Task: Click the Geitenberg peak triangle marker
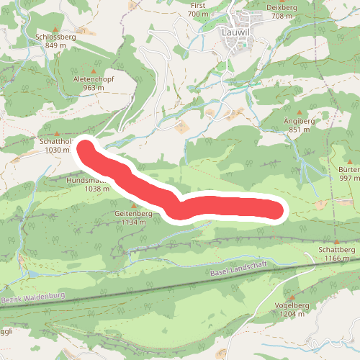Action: pyautogui.click(x=133, y=205)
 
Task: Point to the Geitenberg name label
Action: pyautogui.click(x=133, y=214)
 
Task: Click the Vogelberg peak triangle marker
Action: pyautogui.click(x=292, y=296)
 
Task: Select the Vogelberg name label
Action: pyautogui.click(x=292, y=305)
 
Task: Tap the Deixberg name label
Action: pyautogui.click(x=282, y=6)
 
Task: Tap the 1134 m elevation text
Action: pyautogui.click(x=133, y=222)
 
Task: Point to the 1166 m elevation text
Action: pyautogui.click(x=337, y=258)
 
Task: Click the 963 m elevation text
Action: pyautogui.click(x=94, y=88)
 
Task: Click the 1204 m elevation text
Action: pyautogui.click(x=292, y=314)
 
